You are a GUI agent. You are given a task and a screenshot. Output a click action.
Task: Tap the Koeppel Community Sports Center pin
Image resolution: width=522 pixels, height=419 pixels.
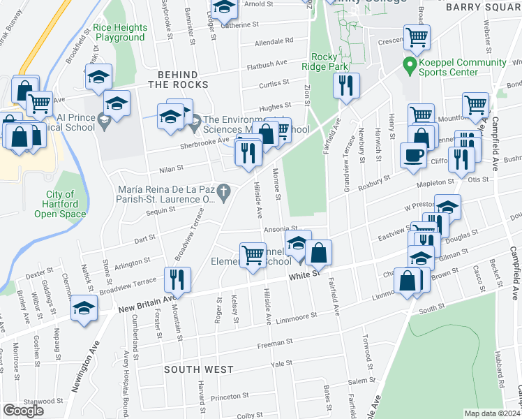[x=410, y=68]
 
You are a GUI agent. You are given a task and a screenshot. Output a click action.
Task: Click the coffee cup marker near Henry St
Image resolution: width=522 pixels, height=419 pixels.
[x=413, y=155]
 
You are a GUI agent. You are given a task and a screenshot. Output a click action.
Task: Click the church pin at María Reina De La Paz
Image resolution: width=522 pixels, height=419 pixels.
[x=224, y=191]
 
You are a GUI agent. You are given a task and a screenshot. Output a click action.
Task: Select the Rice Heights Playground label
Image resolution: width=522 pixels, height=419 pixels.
[x=120, y=33]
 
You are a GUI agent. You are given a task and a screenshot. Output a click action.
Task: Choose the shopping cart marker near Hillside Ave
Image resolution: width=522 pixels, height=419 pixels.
[x=252, y=254]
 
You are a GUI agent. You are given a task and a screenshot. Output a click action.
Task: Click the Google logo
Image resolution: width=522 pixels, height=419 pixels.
[x=23, y=411]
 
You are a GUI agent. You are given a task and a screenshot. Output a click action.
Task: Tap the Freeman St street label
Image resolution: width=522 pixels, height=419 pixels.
[x=274, y=344]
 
